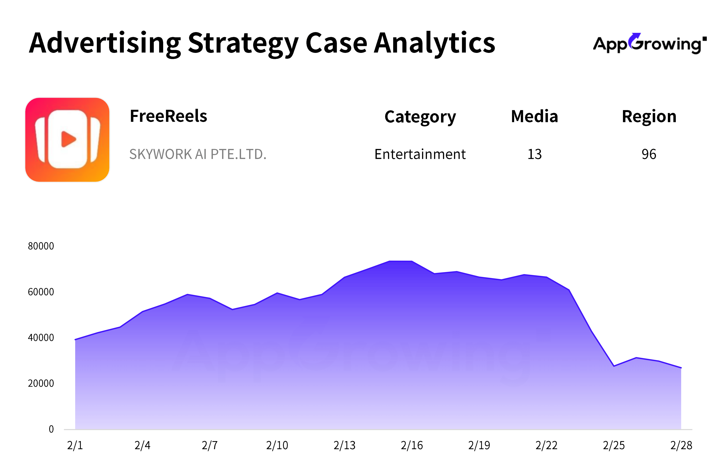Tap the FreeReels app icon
click(67, 140)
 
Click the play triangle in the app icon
click(68, 139)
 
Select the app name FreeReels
click(168, 116)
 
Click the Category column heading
click(420, 117)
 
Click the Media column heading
click(535, 116)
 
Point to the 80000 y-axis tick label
click(41, 246)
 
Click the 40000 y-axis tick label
click(41, 337)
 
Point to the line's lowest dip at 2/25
click(614, 366)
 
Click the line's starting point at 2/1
click(75, 339)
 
